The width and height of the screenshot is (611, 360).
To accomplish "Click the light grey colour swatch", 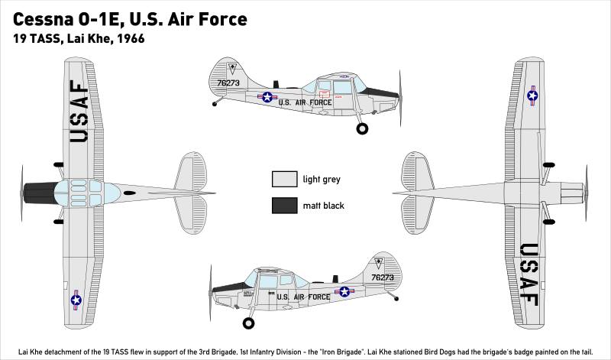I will click(x=283, y=179).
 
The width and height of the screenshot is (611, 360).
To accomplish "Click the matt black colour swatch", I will click(x=283, y=205).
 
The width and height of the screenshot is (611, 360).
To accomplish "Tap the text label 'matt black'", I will click(x=324, y=206).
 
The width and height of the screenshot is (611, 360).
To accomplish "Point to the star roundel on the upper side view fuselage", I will click(x=267, y=97).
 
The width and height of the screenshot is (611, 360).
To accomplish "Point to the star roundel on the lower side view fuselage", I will click(x=344, y=291).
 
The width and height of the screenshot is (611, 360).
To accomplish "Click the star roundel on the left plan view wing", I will click(x=76, y=300).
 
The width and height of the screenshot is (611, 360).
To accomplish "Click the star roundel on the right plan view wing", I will click(x=532, y=96).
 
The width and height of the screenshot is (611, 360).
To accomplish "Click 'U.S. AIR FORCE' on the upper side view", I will click(x=305, y=102).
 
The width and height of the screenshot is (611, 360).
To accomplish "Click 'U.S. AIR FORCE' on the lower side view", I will click(x=303, y=297).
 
